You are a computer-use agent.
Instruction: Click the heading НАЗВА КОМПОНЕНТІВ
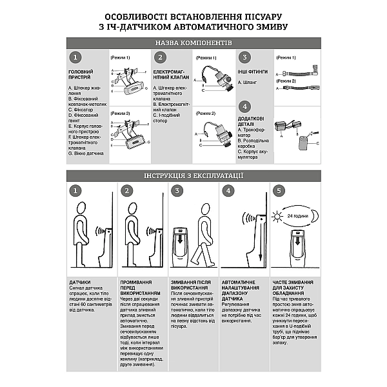[x=193, y=42]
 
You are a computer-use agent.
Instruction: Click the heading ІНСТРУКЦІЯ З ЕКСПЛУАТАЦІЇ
[x=193, y=175]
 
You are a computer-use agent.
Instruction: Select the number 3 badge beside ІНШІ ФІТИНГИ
[x=244, y=57]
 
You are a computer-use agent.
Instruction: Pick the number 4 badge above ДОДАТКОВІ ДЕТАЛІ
[x=244, y=107]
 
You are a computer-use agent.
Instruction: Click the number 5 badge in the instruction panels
[x=278, y=191]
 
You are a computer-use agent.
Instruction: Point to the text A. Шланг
[x=248, y=83]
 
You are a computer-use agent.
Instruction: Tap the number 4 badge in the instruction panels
[x=227, y=191]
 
